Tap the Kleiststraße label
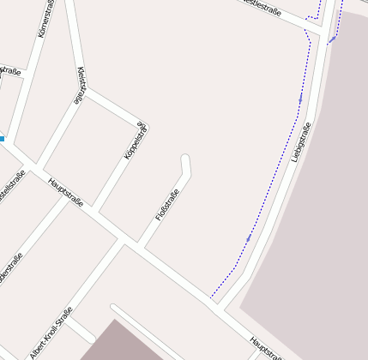click(x=81, y=86)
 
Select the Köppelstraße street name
click(x=136, y=141)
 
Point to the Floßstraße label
click(x=167, y=207)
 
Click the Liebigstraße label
click(x=300, y=142)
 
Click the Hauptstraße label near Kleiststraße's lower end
click(x=66, y=192)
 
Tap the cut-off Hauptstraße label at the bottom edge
click(x=265, y=347)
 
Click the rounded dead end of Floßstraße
click(x=185, y=159)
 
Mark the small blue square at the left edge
click(x=2, y=138)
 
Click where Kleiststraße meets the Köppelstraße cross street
click(x=85, y=90)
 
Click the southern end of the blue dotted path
click(x=211, y=298)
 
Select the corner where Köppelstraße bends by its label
click(x=141, y=121)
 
